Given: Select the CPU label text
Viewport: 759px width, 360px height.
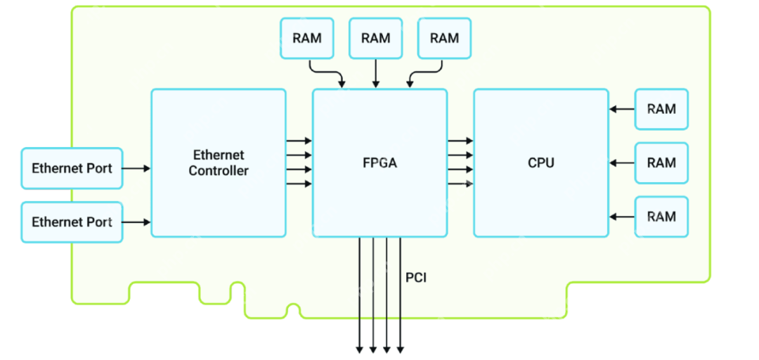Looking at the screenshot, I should [540, 163].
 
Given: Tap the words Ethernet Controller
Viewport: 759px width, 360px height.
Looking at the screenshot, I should [218, 162].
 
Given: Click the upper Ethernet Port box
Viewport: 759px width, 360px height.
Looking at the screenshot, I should [72, 169].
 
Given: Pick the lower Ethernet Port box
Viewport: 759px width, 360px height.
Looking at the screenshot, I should [72, 222].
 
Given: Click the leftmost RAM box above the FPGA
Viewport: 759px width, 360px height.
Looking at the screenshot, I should [307, 38].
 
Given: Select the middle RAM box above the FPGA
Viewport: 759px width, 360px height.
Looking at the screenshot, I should [375, 38].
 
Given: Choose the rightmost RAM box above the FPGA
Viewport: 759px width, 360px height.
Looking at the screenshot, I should [444, 38].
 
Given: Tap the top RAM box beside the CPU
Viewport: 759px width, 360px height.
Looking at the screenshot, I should [661, 109].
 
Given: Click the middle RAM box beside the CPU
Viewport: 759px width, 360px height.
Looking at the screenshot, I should [661, 163].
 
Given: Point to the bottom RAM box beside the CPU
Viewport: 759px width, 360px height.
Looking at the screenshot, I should [661, 217].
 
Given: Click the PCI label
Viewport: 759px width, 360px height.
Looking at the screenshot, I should [416, 278].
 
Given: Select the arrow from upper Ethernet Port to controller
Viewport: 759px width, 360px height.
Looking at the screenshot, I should [137, 169].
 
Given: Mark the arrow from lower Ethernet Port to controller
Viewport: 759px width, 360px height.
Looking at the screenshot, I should [137, 222].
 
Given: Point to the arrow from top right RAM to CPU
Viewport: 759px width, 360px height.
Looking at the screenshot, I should [622, 109].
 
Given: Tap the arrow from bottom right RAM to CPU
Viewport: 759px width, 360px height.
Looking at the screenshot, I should [622, 217].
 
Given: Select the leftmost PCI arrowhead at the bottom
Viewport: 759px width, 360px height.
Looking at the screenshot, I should [360, 349].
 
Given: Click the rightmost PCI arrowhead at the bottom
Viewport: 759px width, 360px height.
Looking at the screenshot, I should [400, 349].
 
